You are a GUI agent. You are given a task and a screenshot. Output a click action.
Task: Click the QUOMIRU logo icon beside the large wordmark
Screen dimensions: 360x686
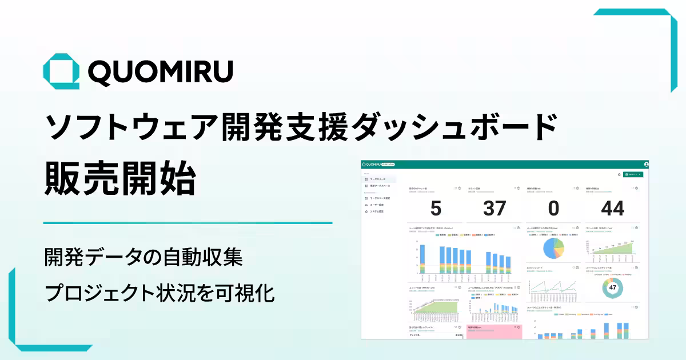click(x=61, y=71)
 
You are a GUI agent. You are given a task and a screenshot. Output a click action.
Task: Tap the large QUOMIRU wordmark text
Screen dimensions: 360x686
click(x=161, y=72)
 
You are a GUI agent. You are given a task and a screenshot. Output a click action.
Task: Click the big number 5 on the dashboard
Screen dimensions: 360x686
click(x=436, y=209)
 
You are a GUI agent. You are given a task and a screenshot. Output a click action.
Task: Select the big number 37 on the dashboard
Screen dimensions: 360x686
click(x=495, y=209)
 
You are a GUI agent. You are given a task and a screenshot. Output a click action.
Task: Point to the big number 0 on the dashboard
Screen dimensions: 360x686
click(x=553, y=209)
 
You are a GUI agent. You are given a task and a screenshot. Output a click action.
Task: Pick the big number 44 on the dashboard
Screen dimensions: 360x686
click(x=613, y=209)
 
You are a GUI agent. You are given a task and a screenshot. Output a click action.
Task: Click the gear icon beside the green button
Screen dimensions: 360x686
click(x=619, y=174)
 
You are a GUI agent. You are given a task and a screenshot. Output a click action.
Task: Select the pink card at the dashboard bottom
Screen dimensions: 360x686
click(x=494, y=332)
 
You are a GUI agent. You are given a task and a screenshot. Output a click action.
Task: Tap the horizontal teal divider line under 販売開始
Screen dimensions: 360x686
click(x=188, y=223)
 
